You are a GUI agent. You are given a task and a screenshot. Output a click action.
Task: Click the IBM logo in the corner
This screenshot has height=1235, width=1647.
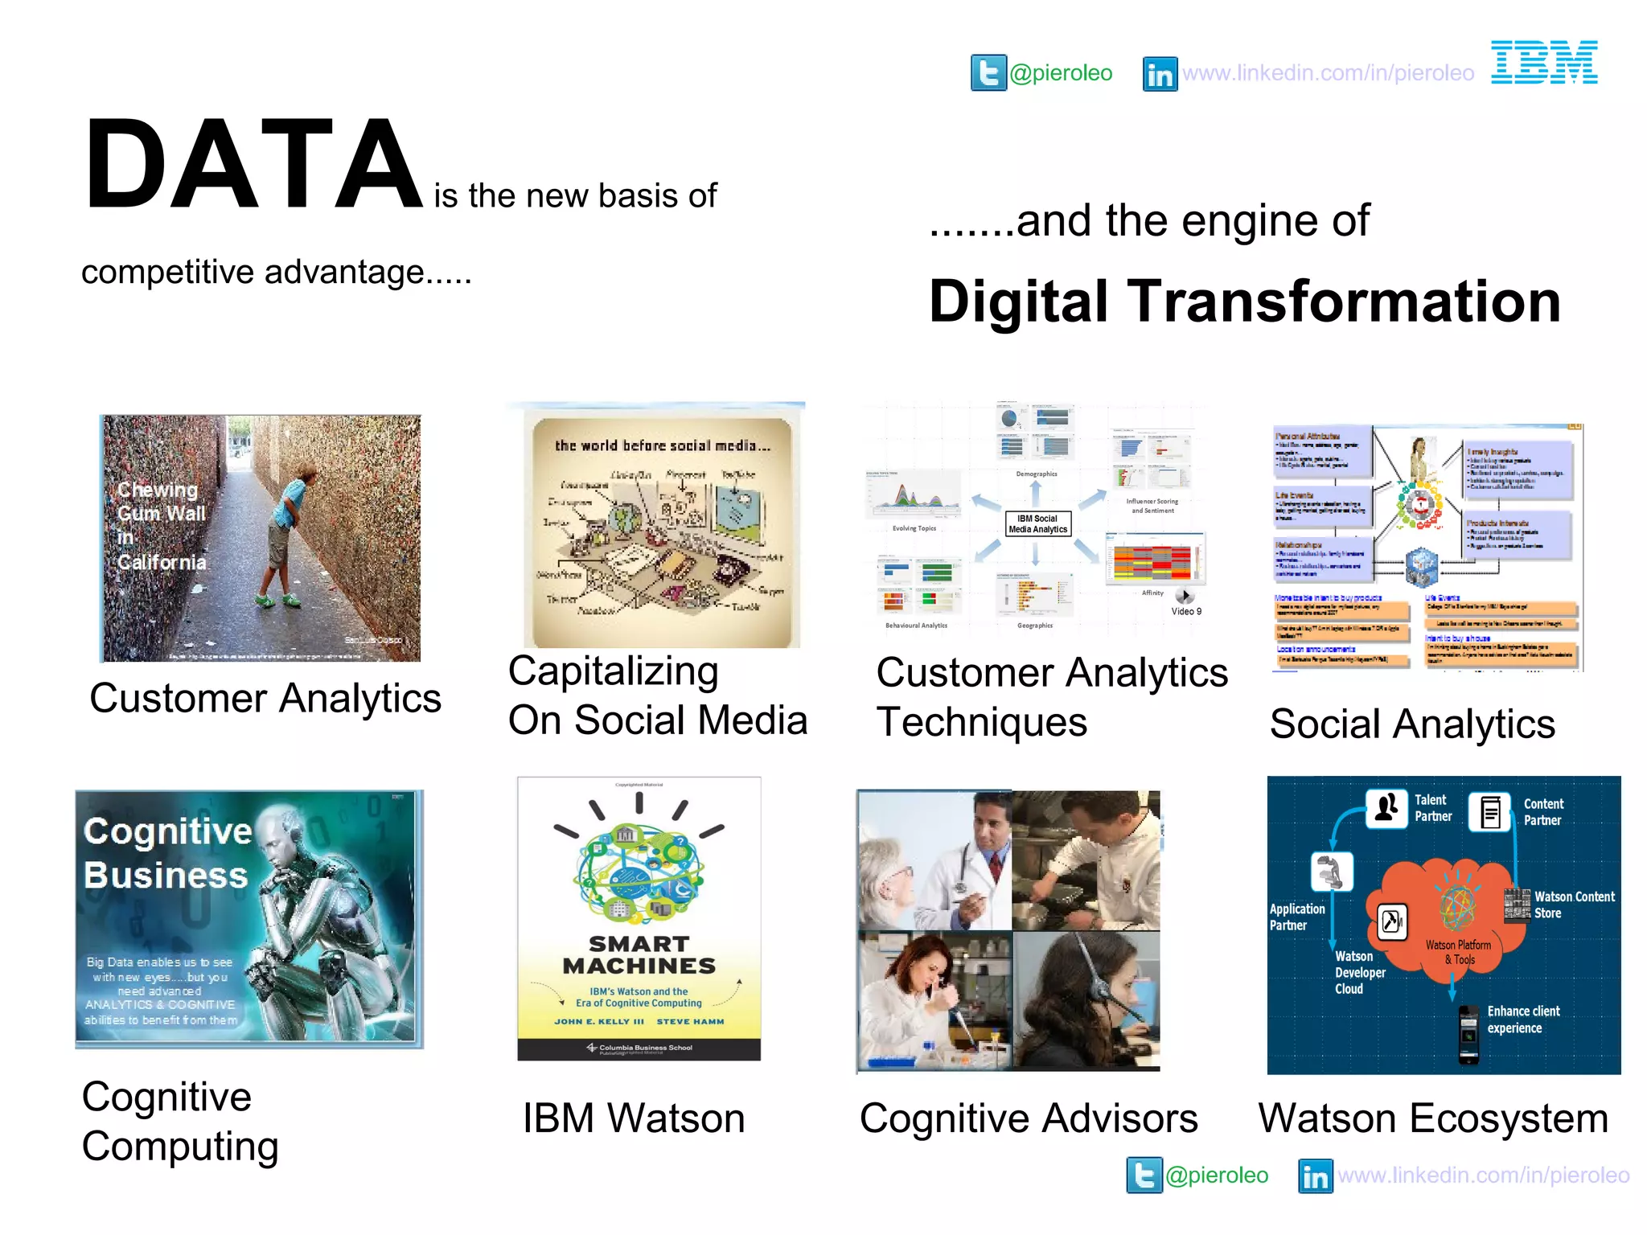click(1544, 63)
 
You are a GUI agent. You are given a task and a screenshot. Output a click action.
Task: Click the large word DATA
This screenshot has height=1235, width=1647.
click(253, 165)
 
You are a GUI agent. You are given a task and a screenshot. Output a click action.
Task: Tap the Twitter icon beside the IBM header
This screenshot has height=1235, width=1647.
click(988, 73)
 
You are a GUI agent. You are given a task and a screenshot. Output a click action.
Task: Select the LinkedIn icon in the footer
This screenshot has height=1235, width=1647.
click(1316, 1176)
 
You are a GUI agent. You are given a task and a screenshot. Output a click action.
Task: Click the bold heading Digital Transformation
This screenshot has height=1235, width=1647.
click(1244, 302)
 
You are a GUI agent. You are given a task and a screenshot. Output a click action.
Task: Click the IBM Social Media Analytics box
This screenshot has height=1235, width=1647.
click(1038, 524)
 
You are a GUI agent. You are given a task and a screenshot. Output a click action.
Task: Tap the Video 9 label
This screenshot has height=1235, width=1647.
click(1186, 611)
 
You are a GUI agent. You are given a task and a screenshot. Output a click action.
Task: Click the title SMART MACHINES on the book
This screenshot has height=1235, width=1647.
click(639, 954)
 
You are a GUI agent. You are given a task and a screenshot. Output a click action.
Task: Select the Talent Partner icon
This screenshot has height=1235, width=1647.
click(1386, 808)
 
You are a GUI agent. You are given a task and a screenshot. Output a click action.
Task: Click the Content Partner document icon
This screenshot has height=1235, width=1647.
click(1490, 812)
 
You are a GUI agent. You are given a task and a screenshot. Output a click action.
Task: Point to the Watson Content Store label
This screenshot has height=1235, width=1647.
click(1574, 905)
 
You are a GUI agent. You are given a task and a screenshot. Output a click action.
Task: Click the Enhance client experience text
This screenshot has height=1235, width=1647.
click(1523, 1020)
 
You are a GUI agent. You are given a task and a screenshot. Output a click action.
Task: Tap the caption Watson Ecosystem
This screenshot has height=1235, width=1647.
click(1433, 1118)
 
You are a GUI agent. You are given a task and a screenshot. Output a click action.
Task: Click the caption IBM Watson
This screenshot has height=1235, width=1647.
click(634, 1118)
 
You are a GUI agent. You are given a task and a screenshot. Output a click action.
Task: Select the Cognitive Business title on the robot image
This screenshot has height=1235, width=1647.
click(167, 853)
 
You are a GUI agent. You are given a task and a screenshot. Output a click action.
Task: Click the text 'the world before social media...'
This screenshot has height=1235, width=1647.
click(662, 445)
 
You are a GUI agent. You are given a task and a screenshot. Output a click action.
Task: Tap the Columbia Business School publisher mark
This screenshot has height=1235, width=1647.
click(639, 1048)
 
